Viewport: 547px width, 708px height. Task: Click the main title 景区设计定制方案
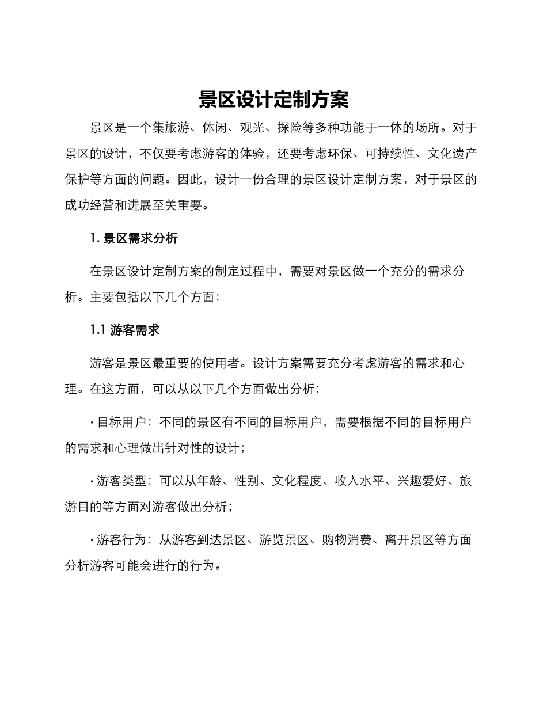(x=273, y=100)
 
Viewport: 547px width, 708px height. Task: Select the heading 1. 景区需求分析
(x=134, y=238)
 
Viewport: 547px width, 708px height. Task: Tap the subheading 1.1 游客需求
(x=124, y=330)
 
